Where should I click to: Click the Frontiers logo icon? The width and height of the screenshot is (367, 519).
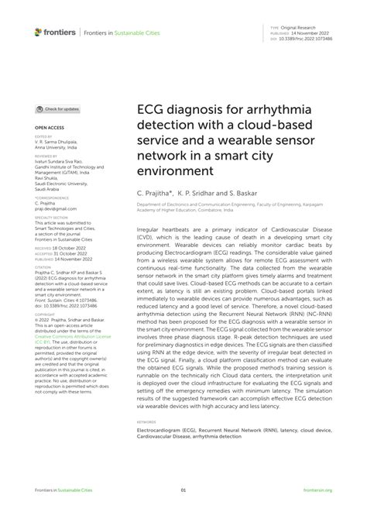click(38, 32)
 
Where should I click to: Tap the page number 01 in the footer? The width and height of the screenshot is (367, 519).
click(183, 490)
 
